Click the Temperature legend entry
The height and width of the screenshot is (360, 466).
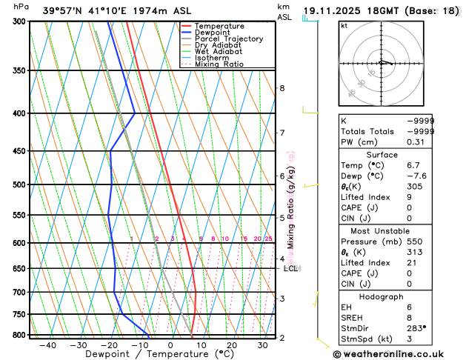[x=219, y=26]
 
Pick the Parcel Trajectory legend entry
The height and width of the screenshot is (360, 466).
[x=228, y=39]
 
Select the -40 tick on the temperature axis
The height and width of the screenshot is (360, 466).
[x=48, y=345]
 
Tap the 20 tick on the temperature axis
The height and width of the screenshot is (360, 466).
[x=232, y=345]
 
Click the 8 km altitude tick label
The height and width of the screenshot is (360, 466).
[x=282, y=88]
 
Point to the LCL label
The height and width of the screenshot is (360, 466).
[x=290, y=268]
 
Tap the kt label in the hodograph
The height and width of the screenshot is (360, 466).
[x=344, y=26]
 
